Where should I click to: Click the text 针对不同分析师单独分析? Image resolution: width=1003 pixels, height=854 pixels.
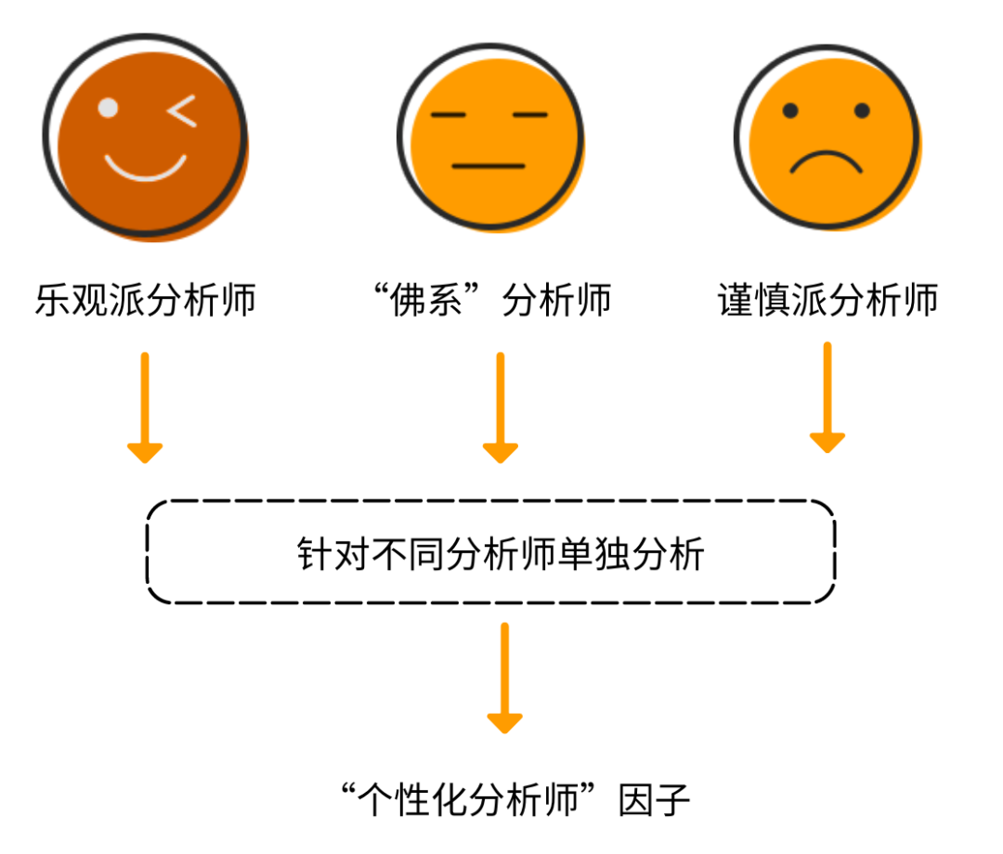501,554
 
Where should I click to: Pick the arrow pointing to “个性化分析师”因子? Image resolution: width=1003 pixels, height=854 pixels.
504,678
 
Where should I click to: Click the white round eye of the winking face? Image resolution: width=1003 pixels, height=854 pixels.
108,109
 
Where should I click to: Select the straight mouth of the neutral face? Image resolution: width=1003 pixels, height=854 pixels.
488,166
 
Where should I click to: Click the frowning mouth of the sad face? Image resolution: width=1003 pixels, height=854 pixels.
826,162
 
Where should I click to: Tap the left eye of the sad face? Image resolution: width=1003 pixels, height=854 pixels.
790,111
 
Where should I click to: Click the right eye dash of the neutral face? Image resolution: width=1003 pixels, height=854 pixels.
529,115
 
